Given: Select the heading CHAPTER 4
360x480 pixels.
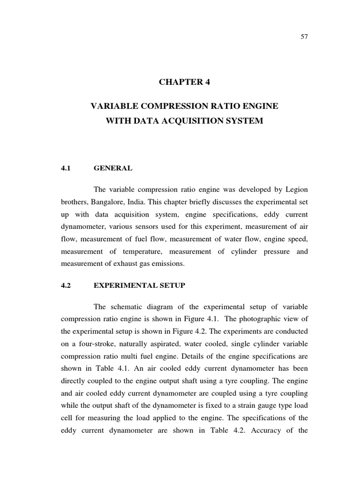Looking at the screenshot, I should pos(184,82).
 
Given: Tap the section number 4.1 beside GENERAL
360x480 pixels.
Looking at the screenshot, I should pos(65,168).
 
